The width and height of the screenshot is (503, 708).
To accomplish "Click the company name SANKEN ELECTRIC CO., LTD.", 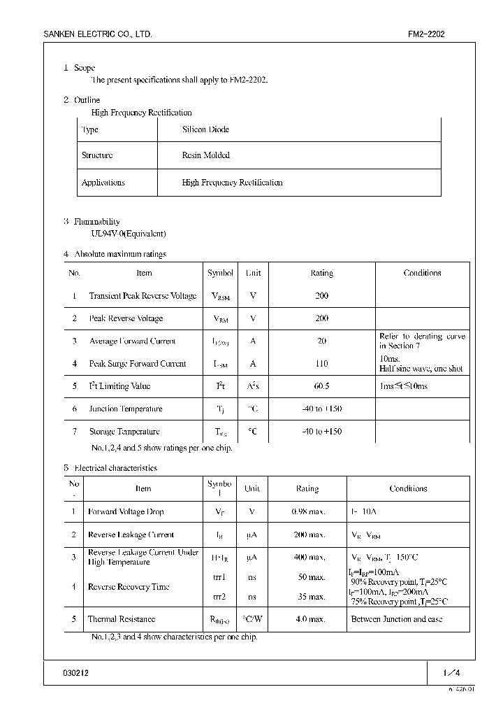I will [x=97, y=34].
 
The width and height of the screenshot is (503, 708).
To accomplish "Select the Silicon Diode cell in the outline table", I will [x=205, y=129].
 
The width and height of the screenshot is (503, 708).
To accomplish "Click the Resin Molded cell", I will [x=205, y=155].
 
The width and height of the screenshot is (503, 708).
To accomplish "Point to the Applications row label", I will [x=103, y=183].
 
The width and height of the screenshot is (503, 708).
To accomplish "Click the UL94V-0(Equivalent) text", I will [x=129, y=234].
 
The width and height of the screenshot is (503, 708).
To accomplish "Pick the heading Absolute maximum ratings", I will [x=120, y=254].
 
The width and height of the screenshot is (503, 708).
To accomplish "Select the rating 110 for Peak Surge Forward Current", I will [x=321, y=364].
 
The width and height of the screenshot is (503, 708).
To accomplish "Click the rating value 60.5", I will [x=321, y=386].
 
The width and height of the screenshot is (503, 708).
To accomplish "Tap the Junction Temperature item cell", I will [x=126, y=409].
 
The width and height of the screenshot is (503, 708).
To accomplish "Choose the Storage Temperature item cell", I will [x=124, y=432].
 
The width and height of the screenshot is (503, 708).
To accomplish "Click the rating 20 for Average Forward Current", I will [x=321, y=341].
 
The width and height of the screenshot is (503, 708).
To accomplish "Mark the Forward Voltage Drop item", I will [x=126, y=511].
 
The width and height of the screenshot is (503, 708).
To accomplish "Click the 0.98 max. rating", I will [x=308, y=511].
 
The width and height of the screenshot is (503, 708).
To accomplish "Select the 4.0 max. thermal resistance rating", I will [x=308, y=619].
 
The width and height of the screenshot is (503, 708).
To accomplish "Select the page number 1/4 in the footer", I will [x=451, y=672].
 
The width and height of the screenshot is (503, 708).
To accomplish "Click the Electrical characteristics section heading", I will [x=115, y=468].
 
